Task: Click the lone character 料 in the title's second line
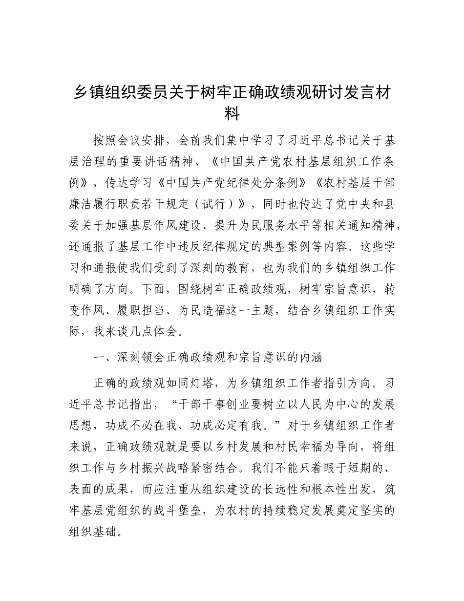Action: click(232, 114)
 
